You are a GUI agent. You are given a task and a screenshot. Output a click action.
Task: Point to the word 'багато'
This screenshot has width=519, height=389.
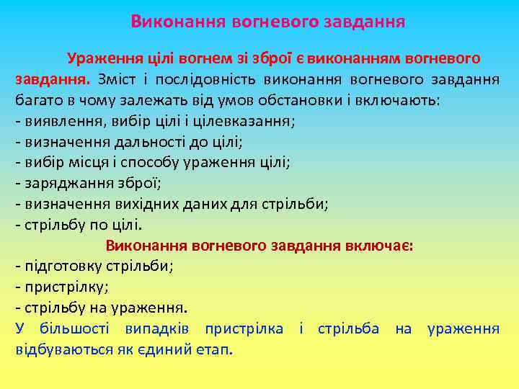click(40, 99)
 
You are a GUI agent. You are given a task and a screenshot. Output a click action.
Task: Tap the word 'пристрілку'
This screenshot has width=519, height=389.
click(65, 287)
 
